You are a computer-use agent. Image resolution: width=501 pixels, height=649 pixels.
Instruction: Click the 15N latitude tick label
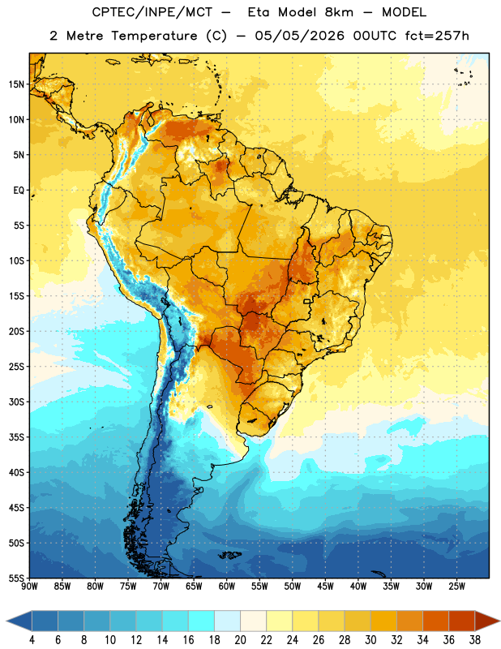click(16, 84)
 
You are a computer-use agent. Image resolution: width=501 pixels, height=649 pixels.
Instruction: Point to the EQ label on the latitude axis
click(19, 191)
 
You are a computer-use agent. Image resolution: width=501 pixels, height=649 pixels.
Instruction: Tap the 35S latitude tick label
click(16, 437)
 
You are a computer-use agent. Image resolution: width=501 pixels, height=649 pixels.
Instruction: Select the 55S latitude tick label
click(16, 578)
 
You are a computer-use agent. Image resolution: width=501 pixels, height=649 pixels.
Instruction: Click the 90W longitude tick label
click(30, 587)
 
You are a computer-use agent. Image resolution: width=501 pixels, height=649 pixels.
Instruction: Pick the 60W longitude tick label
click(227, 587)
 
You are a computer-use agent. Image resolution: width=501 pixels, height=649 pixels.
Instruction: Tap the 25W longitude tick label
click(456, 587)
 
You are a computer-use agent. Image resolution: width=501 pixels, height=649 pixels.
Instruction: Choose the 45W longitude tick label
click(325, 587)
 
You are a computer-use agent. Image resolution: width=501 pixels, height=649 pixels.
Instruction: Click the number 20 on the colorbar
click(240, 640)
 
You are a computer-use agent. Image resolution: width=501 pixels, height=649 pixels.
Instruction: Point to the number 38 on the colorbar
click(475, 640)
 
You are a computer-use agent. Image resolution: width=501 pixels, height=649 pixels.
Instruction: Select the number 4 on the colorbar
click(32, 640)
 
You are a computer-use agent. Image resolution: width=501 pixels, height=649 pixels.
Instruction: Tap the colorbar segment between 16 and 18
click(201, 621)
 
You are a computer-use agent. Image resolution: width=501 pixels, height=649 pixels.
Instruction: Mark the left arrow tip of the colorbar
click(6, 621)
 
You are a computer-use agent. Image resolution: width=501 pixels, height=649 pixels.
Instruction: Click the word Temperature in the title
click(154, 36)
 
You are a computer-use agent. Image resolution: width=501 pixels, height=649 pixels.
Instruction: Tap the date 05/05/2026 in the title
click(299, 36)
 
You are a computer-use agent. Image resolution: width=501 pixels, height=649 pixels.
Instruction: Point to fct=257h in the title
click(437, 36)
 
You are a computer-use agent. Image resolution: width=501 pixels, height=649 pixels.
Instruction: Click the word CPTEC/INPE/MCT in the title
click(152, 12)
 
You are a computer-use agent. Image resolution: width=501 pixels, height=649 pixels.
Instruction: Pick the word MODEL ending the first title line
click(404, 12)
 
